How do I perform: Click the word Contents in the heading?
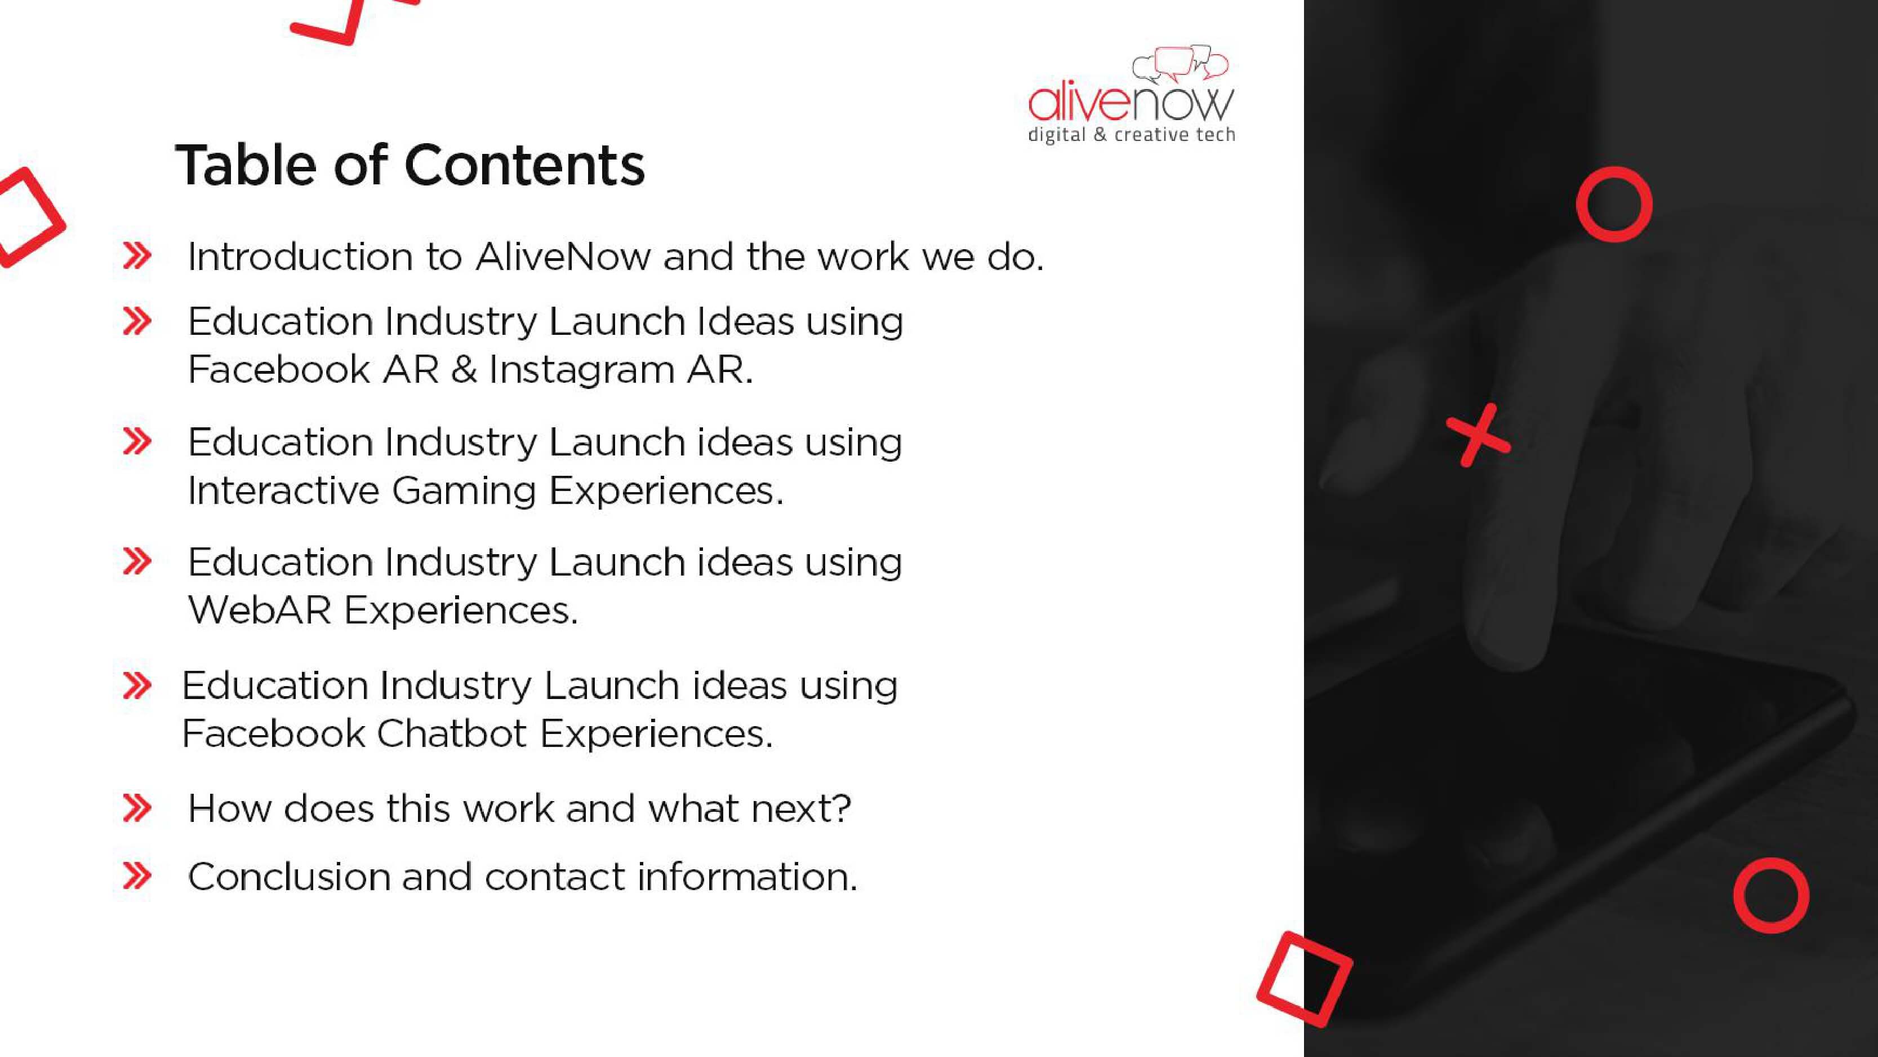point(524,165)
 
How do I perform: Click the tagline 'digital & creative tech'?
point(1132,135)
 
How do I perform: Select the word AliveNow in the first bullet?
point(563,256)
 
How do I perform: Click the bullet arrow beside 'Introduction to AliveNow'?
point(137,256)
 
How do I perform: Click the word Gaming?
point(464,491)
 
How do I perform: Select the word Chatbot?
point(451,733)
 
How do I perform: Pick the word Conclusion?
point(290,876)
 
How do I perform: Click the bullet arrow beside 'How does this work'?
point(137,808)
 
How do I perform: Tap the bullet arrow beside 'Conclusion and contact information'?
point(137,876)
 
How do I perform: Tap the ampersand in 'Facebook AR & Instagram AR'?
point(464,370)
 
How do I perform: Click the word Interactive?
point(283,490)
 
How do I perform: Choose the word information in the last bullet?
point(747,876)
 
